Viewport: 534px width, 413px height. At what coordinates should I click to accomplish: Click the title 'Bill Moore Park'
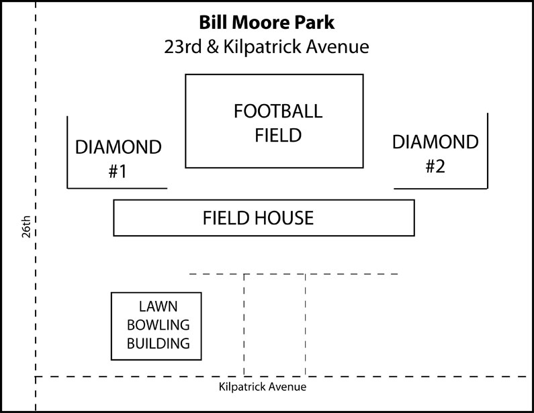(267, 22)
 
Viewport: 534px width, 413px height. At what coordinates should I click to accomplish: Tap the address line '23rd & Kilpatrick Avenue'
(267, 46)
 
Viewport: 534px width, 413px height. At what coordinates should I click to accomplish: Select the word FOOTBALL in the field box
(278, 111)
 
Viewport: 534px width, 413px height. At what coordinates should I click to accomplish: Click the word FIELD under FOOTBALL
(278, 135)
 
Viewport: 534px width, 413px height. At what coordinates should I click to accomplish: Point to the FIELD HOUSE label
(258, 218)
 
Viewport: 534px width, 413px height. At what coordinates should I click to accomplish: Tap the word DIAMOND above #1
(118, 147)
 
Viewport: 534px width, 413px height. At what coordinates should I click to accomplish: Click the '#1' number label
(118, 171)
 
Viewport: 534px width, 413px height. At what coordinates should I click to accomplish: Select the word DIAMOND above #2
(435, 142)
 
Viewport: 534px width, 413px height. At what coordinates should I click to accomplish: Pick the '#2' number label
(435, 167)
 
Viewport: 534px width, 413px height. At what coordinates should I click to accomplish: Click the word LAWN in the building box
(158, 306)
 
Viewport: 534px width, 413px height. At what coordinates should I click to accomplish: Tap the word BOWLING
(158, 325)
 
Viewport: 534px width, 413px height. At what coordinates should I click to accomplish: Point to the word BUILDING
(158, 343)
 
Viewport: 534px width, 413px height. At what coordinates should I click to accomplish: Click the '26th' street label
(27, 226)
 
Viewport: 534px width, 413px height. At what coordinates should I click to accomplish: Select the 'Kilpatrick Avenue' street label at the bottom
(262, 387)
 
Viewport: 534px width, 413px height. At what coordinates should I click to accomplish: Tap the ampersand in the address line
(212, 46)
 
